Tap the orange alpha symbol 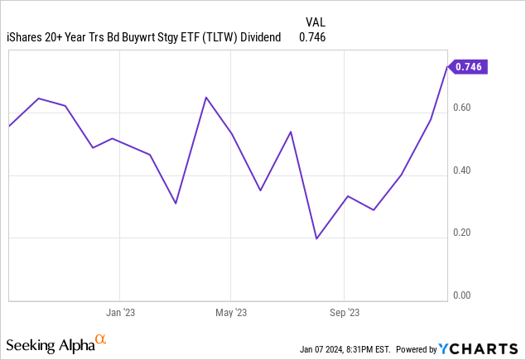pyautogui.click(x=101, y=340)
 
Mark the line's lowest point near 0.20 pyautogui.click(x=316, y=238)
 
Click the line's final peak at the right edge pyautogui.click(x=447, y=65)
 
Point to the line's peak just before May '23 pyautogui.click(x=206, y=98)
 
